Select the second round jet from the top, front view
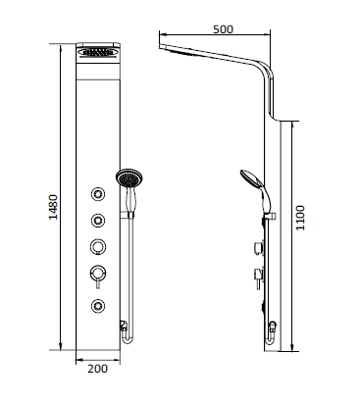coord(99,219)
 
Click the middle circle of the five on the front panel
coord(99,245)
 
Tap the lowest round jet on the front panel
coord(99,304)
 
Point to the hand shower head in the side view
coord(249,179)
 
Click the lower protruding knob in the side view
coord(257,274)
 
